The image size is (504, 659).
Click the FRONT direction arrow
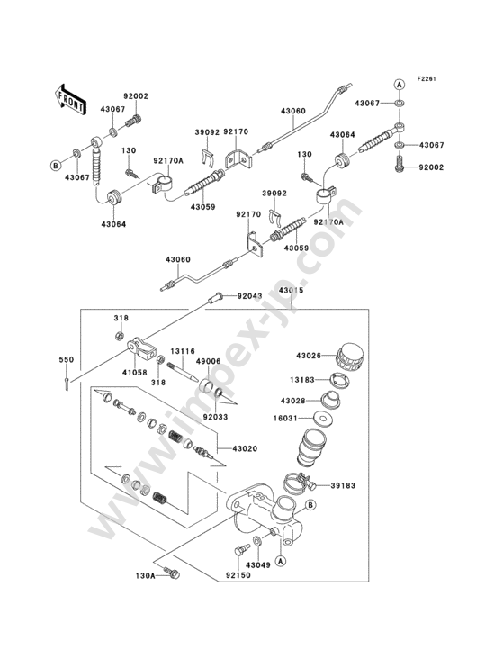click(x=70, y=100)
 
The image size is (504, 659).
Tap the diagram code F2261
click(x=427, y=78)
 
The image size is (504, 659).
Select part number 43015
click(x=291, y=291)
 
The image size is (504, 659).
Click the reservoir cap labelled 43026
click(x=349, y=357)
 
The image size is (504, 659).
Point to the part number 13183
click(x=302, y=380)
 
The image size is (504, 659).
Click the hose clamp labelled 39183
click(x=299, y=483)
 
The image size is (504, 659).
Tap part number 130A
click(x=146, y=576)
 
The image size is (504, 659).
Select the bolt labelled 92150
click(x=241, y=549)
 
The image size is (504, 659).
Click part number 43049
click(x=258, y=564)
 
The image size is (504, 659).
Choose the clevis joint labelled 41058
click(x=142, y=348)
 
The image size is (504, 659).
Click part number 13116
click(x=183, y=351)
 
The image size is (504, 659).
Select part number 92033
click(x=215, y=417)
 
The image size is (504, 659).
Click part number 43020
click(x=245, y=448)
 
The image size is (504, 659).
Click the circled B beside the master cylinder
click(x=310, y=505)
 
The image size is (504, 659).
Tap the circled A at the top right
click(x=400, y=85)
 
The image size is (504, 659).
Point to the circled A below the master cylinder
click(x=281, y=560)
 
